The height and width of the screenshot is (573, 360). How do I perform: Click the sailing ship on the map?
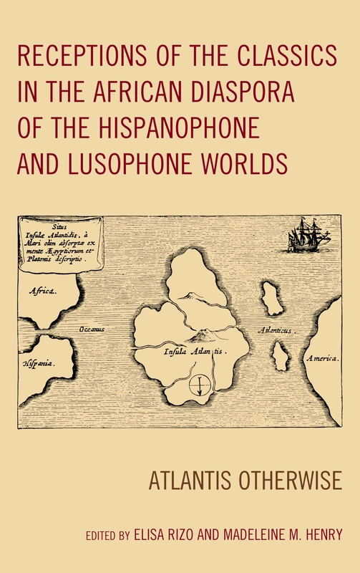(308, 236)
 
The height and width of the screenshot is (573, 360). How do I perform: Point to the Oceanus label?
(92, 329)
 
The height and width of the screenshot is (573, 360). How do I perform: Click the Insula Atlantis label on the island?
(191, 352)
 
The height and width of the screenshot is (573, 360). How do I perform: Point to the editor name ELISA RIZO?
(163, 534)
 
